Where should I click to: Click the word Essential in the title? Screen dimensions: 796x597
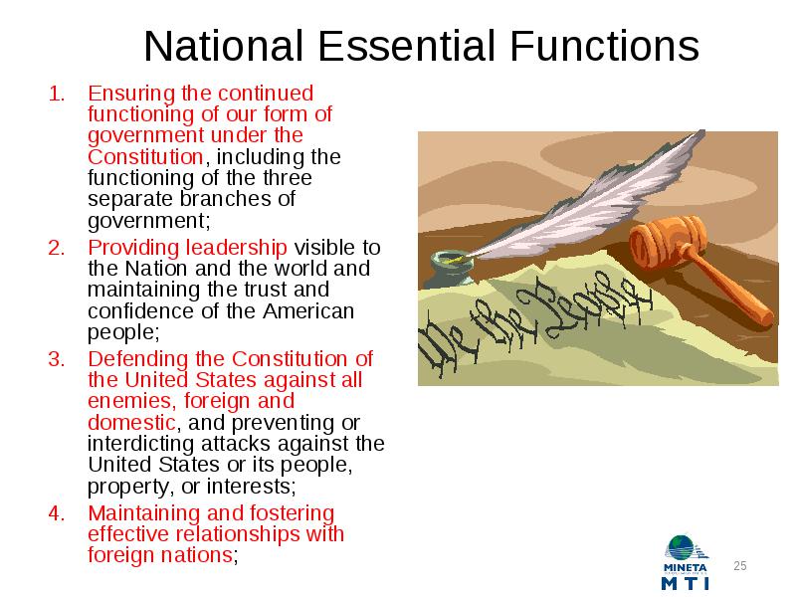406,46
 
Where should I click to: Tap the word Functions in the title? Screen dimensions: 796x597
605,46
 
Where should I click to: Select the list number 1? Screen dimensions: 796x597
57,94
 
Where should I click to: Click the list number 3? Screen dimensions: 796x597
57,359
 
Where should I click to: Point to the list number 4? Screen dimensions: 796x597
57,513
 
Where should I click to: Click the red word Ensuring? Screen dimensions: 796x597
131,95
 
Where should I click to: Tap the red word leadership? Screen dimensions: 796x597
237,249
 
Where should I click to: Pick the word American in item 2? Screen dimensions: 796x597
308,311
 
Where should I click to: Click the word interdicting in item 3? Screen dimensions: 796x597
141,444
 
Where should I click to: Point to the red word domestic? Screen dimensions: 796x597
131,422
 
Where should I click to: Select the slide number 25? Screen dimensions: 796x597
740,566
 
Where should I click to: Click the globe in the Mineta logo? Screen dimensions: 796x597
681,548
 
